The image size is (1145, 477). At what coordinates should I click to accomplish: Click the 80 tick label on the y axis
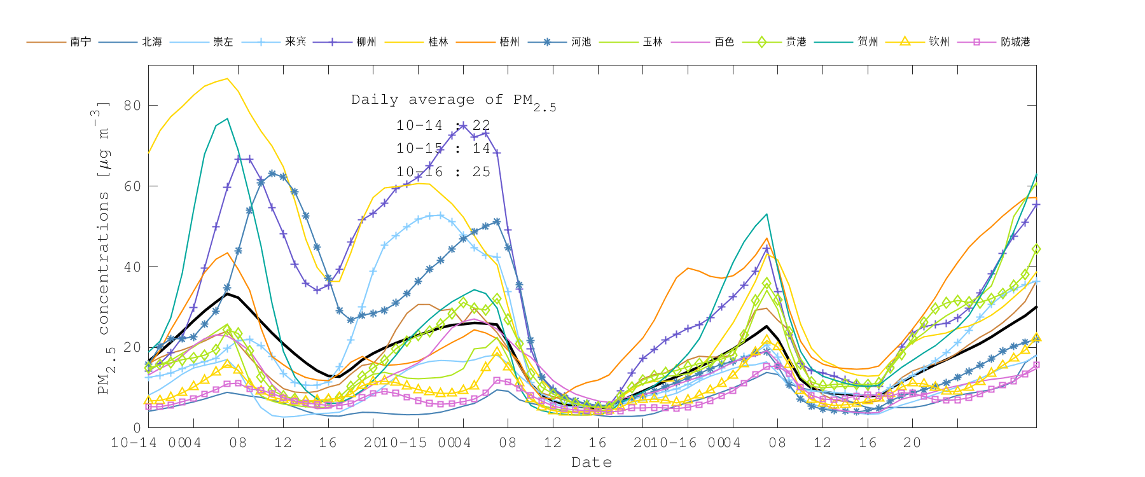(x=132, y=106)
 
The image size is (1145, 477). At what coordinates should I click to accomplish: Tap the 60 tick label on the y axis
(x=132, y=186)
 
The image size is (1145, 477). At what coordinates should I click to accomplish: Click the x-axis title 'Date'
(x=592, y=462)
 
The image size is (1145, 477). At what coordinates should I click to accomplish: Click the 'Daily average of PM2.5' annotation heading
(x=453, y=100)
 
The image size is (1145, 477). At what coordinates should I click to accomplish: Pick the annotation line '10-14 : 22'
(x=443, y=125)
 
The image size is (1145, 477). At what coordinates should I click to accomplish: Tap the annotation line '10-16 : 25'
(x=443, y=172)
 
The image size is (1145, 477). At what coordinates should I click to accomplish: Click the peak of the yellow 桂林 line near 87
(x=227, y=79)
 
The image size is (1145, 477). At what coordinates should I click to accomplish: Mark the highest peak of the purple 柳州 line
(x=464, y=125)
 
